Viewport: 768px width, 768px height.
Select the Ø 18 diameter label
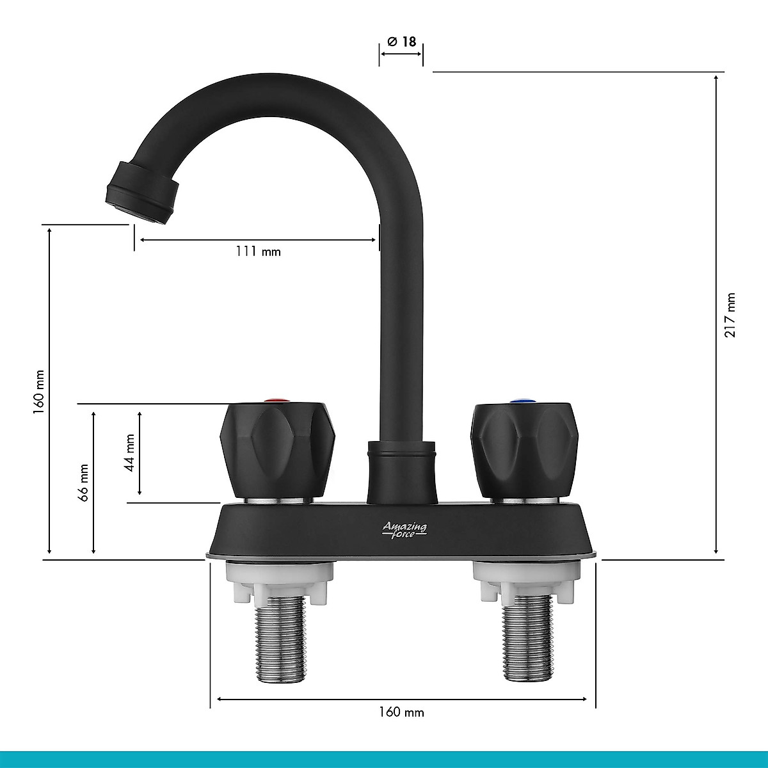coord(401,42)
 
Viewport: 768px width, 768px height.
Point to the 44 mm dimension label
coord(130,453)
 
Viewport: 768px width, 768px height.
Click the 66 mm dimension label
coord(83,483)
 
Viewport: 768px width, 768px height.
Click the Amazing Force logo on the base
coord(404,529)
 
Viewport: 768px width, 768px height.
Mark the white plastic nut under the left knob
coord(280,580)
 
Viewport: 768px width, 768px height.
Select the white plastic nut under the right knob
coord(526,580)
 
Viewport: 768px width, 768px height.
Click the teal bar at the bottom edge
coord(384,760)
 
